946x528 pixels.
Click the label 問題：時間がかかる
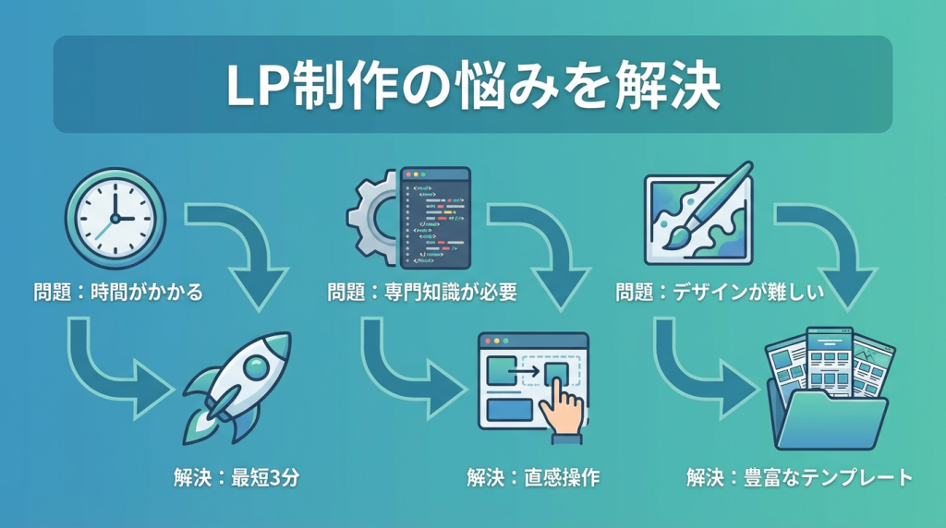pyautogui.click(x=115, y=294)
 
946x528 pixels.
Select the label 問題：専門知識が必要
pyautogui.click(x=421, y=294)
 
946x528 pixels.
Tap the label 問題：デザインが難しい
pyautogui.click(x=720, y=294)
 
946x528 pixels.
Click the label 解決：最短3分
pyautogui.click(x=237, y=478)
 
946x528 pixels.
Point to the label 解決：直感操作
pyautogui.click(x=533, y=478)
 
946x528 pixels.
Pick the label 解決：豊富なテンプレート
pyautogui.click(x=799, y=478)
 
